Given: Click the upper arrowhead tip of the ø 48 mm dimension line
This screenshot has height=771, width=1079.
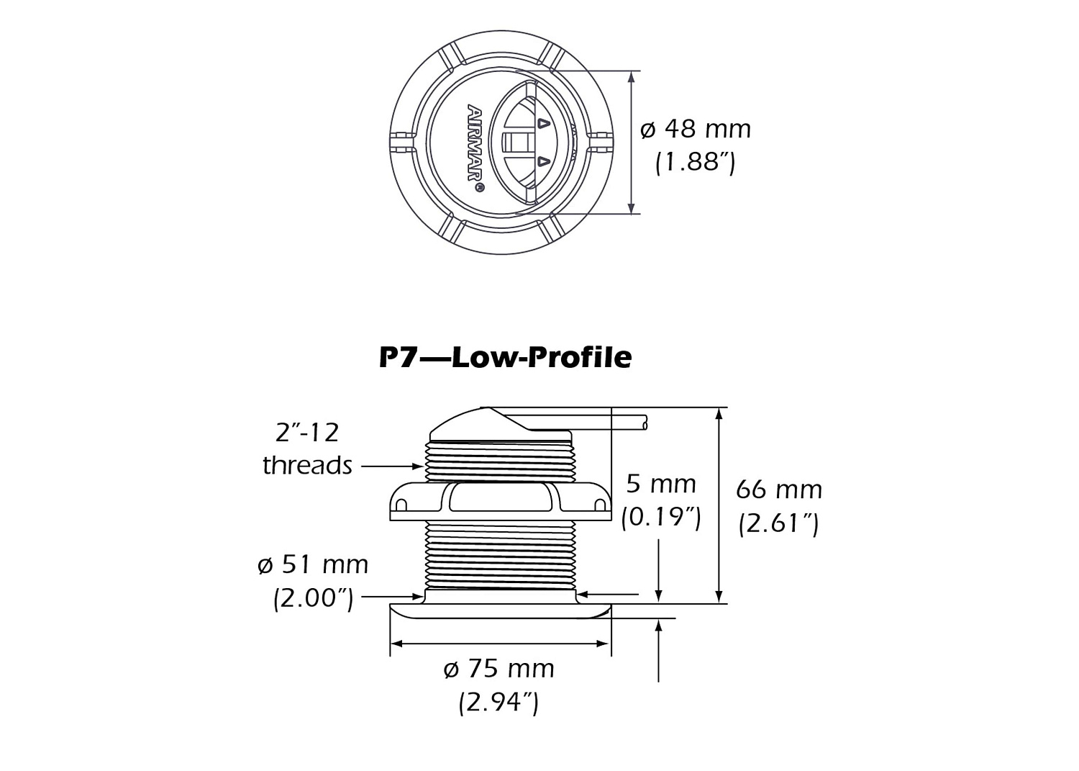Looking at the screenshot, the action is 631,71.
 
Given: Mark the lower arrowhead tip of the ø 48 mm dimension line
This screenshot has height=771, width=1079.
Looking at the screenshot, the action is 631,214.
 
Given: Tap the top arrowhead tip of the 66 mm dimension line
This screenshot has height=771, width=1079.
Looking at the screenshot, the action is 719,408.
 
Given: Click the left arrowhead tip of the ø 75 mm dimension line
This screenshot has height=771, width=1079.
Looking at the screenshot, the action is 391,644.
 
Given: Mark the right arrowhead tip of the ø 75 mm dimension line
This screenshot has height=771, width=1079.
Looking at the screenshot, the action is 611,644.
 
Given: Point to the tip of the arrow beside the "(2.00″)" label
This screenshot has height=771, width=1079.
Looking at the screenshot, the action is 424,597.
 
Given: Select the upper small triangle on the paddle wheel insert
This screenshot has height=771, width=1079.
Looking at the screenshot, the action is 543,124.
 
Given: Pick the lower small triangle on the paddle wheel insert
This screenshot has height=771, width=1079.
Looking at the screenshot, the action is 543,161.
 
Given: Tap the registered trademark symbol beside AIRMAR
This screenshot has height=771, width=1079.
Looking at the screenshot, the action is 479,187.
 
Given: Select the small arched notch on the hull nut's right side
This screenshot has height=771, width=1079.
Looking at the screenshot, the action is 600,505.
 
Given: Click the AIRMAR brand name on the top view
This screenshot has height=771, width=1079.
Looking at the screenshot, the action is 475,143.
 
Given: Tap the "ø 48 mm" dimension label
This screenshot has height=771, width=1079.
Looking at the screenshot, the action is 696,130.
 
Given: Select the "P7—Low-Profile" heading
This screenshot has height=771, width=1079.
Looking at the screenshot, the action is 505,358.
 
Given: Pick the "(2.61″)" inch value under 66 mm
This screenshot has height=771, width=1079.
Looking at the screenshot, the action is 778,523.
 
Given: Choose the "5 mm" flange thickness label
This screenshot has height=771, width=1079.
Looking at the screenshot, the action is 661,484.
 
